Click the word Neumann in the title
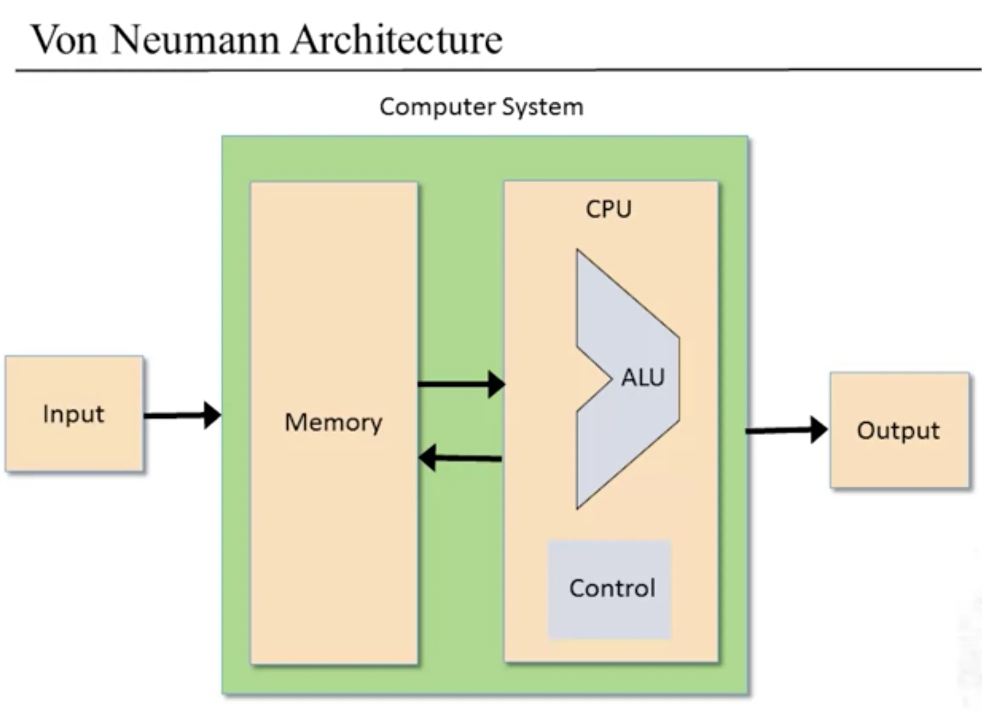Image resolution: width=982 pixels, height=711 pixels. coord(195,40)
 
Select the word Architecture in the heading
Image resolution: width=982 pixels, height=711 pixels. coord(397,40)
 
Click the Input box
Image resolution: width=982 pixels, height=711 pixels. coord(74,414)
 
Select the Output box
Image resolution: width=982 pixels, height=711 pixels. coord(899,430)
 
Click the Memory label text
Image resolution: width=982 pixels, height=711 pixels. coord(334,422)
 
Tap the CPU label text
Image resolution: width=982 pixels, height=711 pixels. coord(608,209)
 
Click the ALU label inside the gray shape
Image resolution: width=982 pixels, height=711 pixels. coord(642,377)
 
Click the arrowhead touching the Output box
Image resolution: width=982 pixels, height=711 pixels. coord(818,430)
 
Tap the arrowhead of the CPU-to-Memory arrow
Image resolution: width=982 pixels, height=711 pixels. coord(428,457)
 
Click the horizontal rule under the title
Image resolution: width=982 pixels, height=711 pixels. coord(498,69)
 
